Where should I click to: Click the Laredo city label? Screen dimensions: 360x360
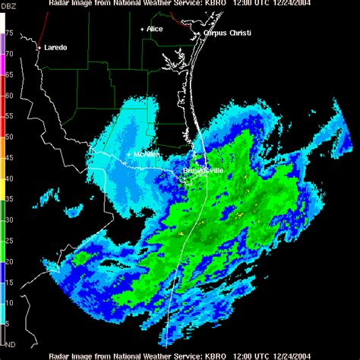pos(54,47)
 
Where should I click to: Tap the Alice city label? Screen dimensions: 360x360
pos(155,29)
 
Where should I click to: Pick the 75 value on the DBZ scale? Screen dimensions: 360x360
pos(8,34)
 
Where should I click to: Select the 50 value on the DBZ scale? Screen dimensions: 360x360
pos(8,137)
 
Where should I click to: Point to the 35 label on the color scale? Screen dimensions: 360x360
pos(8,199)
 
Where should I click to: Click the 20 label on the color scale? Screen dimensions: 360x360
pos(8,261)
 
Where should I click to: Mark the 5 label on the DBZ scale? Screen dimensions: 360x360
pos(7,323)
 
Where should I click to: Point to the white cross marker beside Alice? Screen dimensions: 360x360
pos(142,29)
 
